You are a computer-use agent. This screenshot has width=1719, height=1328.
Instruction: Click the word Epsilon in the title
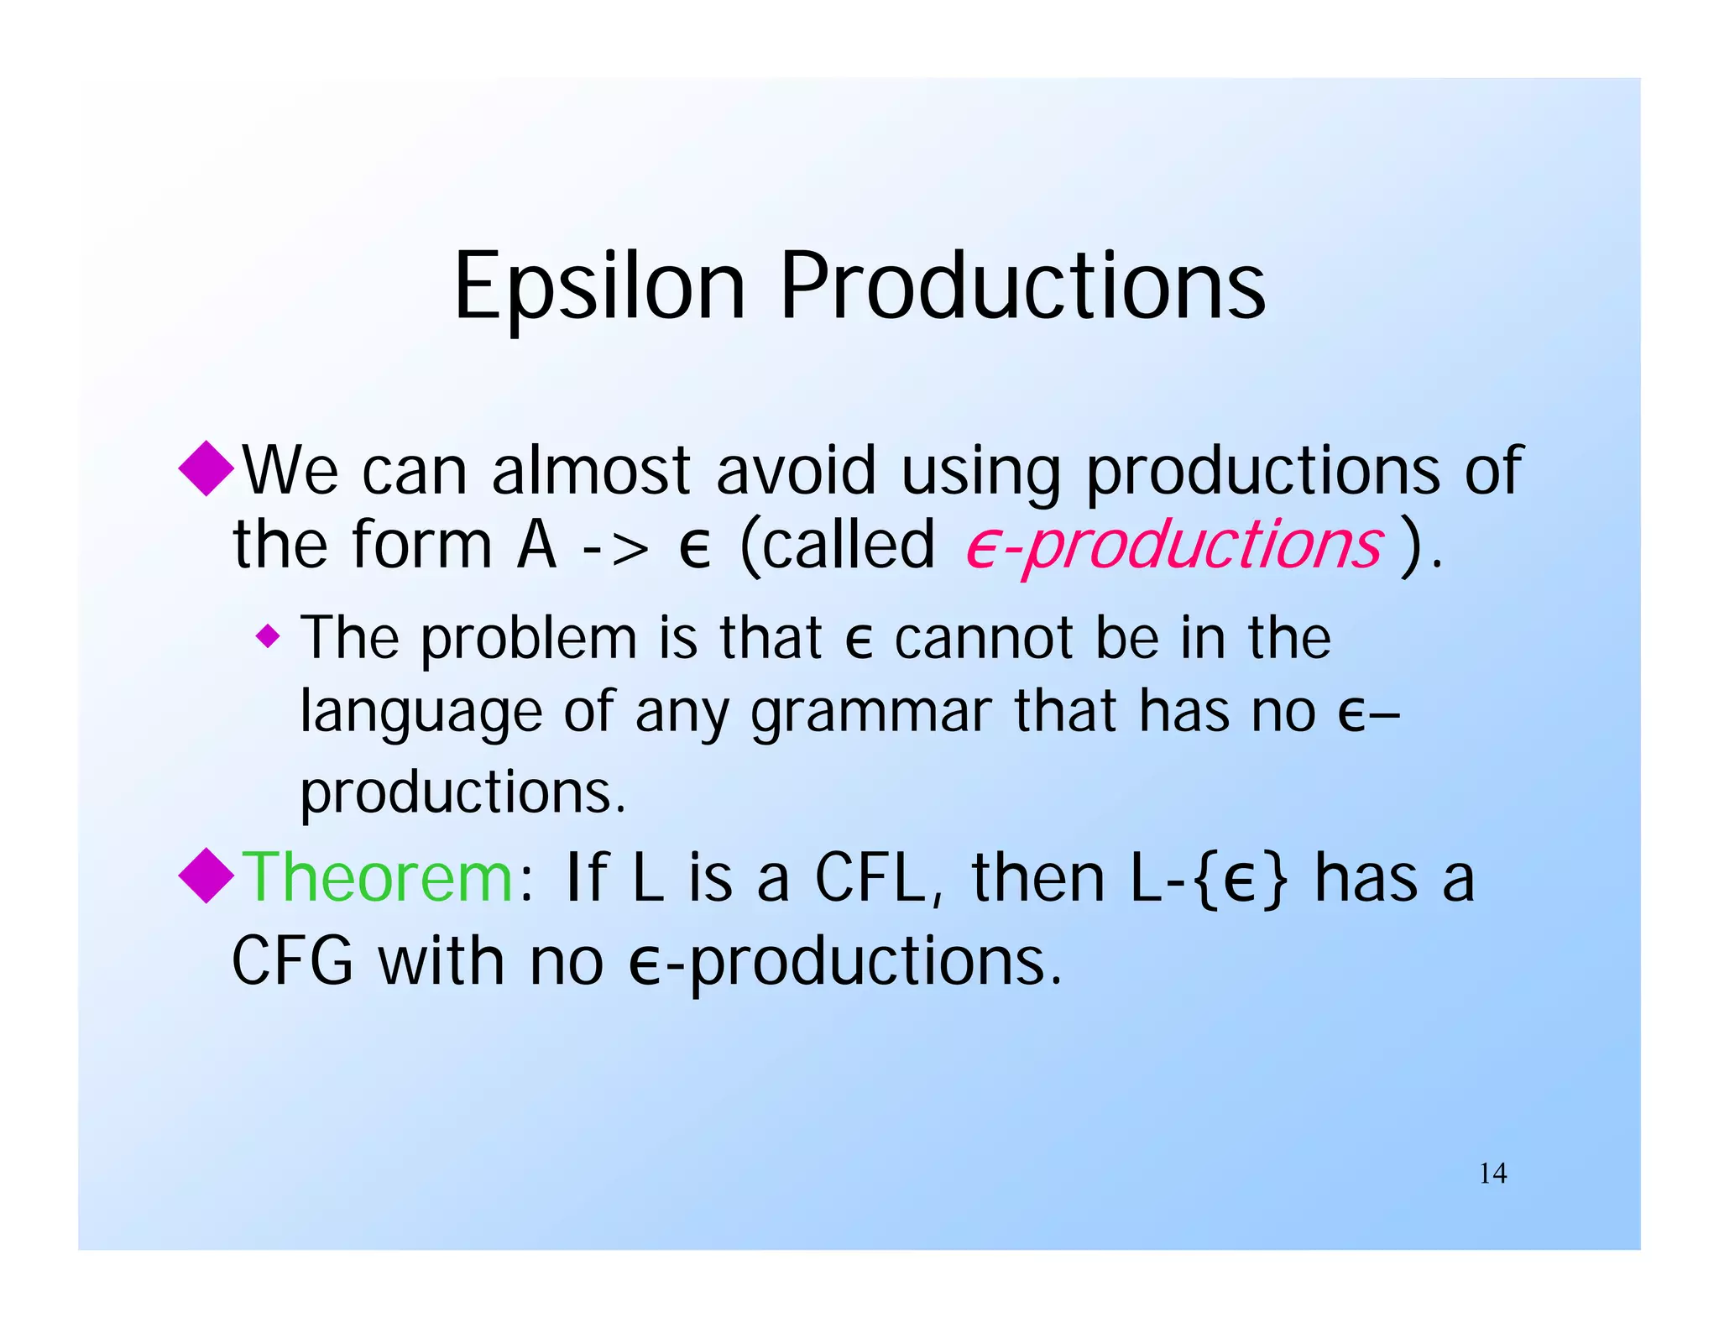coord(599,288)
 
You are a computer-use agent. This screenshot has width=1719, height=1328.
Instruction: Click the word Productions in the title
coord(1022,288)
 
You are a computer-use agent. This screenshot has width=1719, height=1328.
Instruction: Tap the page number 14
coord(1492,1174)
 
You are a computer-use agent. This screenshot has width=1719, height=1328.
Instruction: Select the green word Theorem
coord(378,878)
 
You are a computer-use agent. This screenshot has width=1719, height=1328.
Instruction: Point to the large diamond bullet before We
coord(206,468)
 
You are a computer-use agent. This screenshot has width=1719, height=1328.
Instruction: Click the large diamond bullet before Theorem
coord(206,876)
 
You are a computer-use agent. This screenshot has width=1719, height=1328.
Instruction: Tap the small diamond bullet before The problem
coord(268,636)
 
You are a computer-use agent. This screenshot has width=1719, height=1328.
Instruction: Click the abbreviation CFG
coord(292,962)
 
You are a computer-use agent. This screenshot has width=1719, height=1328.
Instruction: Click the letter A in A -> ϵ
coord(536,546)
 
